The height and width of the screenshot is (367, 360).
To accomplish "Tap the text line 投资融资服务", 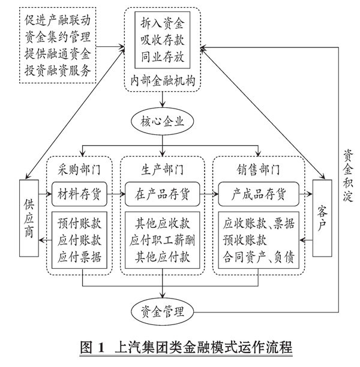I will [x=59, y=71].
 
